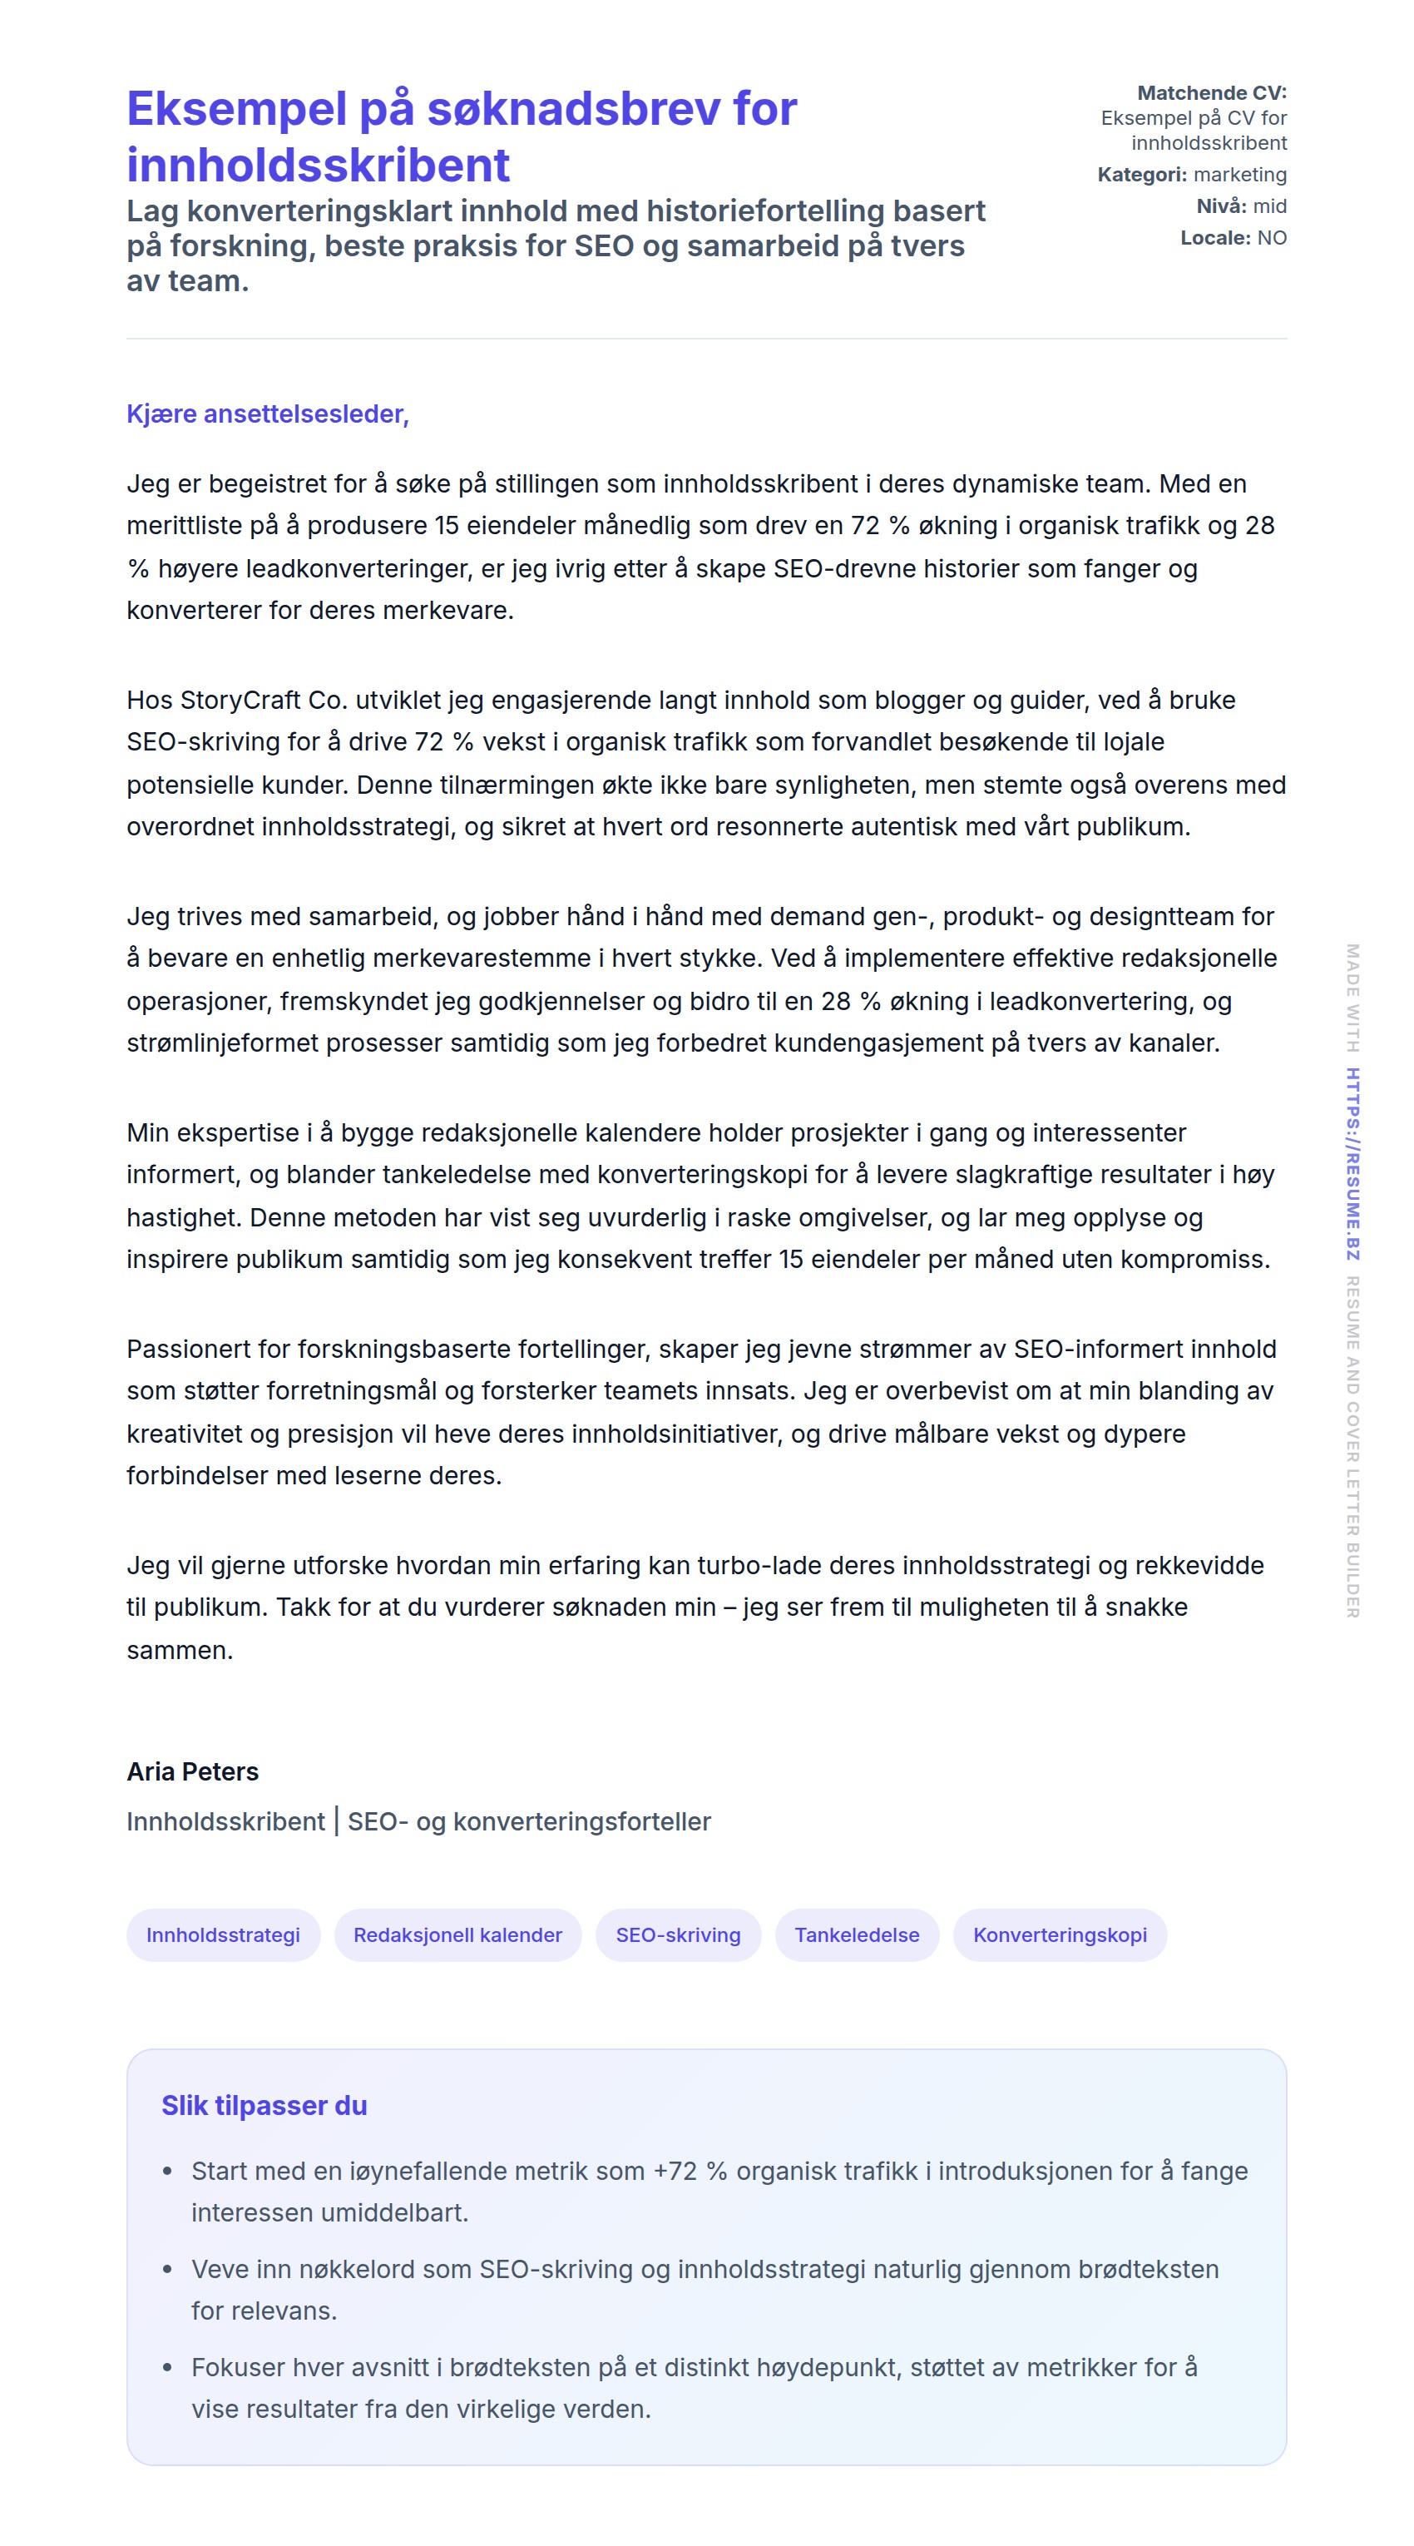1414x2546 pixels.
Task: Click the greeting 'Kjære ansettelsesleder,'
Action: [x=267, y=414]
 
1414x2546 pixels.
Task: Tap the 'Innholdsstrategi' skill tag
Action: [x=222, y=1934]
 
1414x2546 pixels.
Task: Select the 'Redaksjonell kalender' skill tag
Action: [x=457, y=1934]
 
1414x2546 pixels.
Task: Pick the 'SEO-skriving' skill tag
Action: [x=678, y=1934]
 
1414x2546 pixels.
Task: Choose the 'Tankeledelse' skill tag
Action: [x=857, y=1934]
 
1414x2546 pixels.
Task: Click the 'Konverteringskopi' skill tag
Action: [x=1060, y=1934]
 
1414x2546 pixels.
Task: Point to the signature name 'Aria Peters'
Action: [x=193, y=1771]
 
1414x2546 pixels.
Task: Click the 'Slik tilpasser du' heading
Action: [x=264, y=2105]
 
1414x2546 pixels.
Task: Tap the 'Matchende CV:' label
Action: [x=1211, y=93]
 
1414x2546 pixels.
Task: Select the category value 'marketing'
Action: [x=1239, y=175]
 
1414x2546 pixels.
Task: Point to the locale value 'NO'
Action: [x=1271, y=238]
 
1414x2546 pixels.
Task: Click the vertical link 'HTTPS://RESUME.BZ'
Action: [x=1352, y=1164]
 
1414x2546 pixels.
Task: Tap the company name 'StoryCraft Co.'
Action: [x=261, y=700]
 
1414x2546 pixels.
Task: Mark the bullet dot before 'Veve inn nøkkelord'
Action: [x=167, y=2269]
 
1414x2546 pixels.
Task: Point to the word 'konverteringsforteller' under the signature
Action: [x=581, y=1821]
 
